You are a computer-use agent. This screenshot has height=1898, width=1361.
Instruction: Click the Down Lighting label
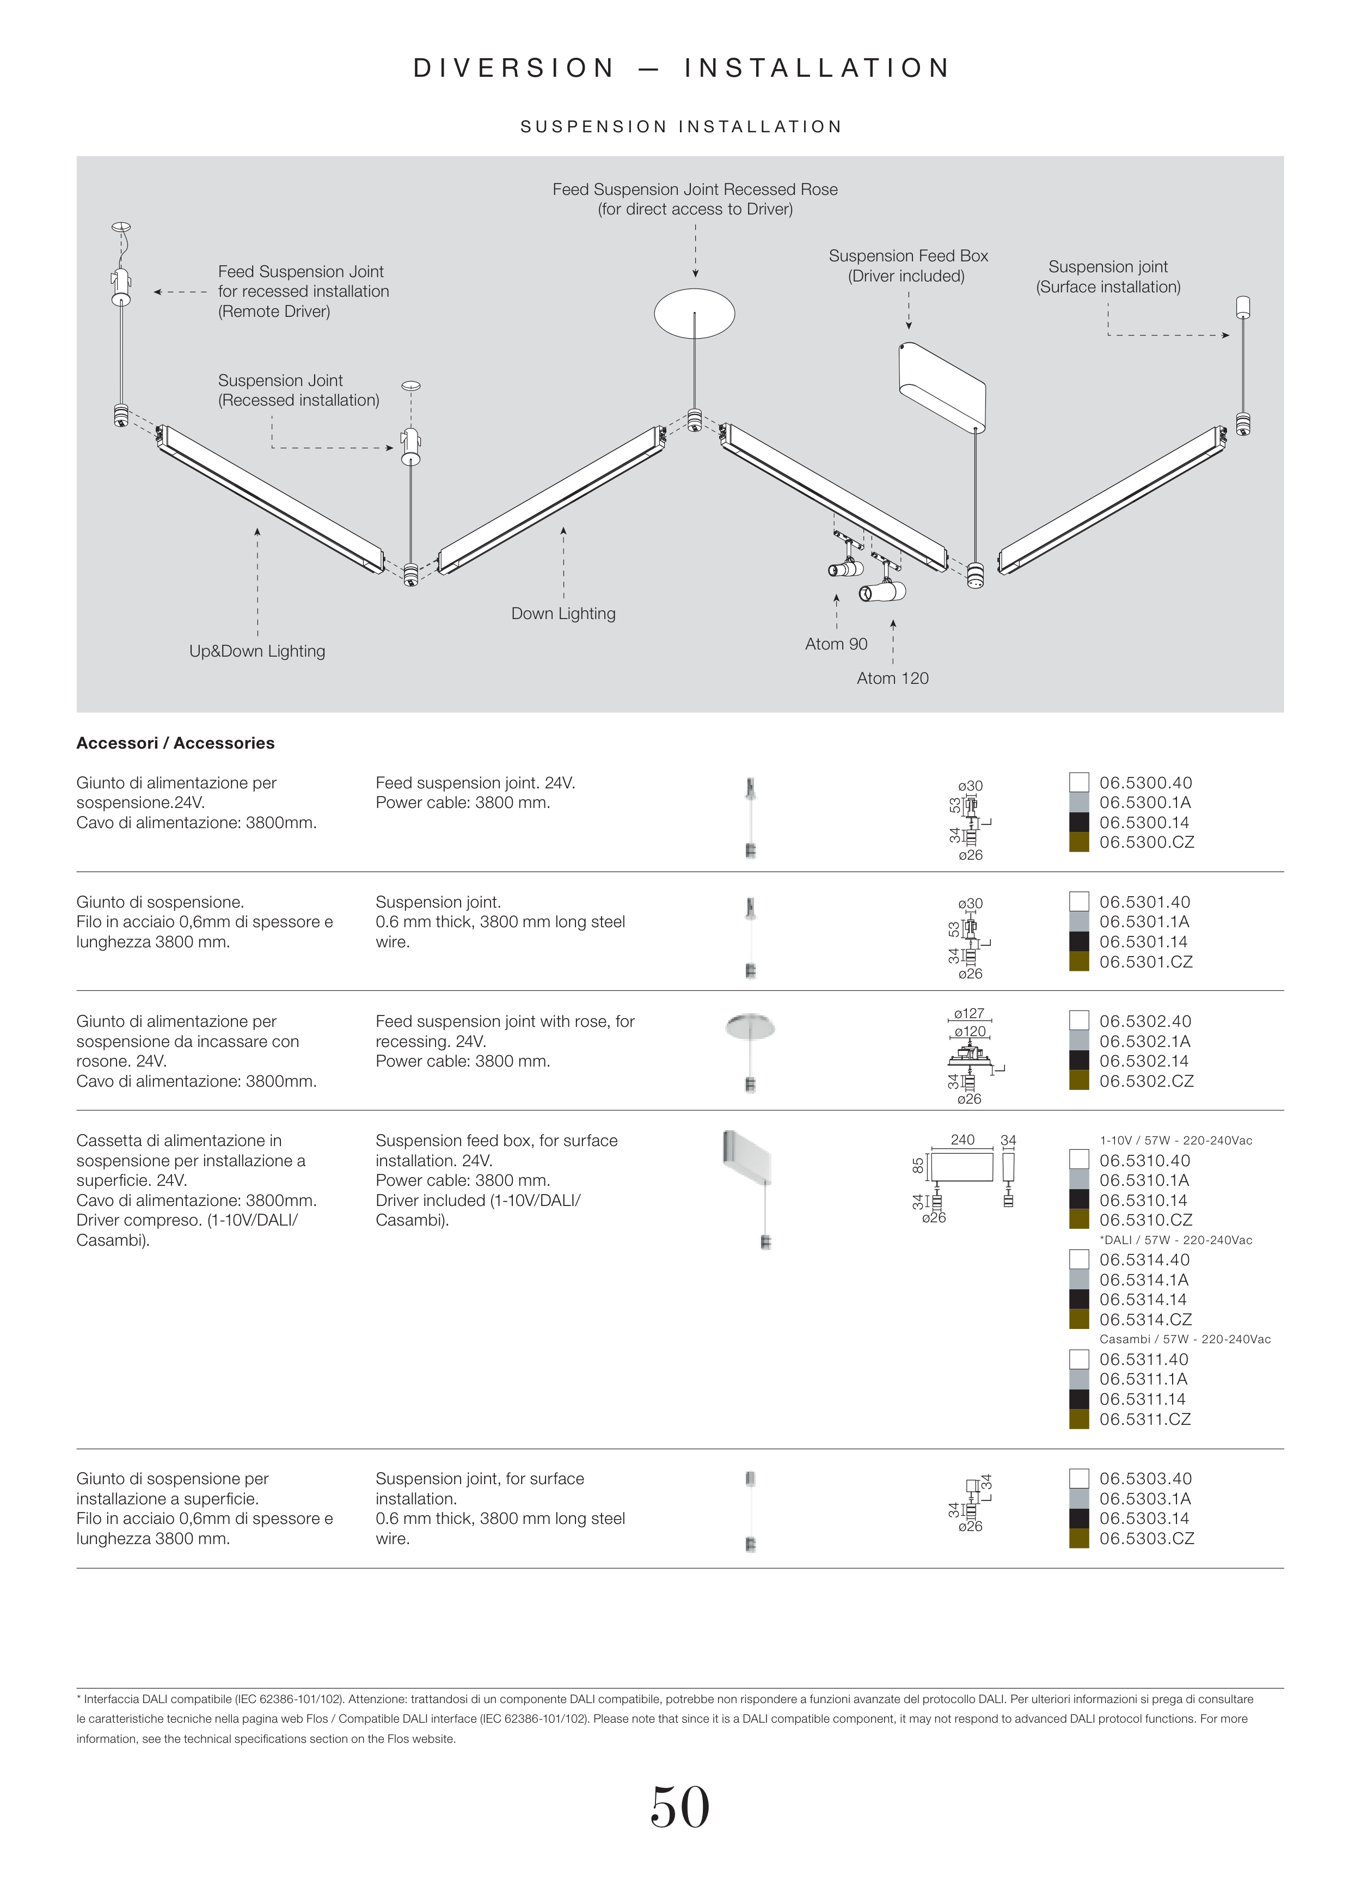[563, 614]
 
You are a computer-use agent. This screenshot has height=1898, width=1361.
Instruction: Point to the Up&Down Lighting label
[257, 651]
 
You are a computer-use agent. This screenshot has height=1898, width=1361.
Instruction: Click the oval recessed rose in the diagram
[694, 314]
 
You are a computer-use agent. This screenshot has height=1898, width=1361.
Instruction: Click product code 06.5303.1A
[1144, 1499]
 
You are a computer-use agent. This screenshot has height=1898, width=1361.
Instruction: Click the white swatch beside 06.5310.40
[1079, 1160]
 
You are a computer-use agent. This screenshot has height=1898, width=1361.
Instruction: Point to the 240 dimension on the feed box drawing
[962, 1140]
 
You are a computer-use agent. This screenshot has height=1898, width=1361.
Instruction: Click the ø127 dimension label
[970, 1013]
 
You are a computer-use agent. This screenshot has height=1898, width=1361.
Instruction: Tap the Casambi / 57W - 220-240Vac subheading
[1185, 1339]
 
